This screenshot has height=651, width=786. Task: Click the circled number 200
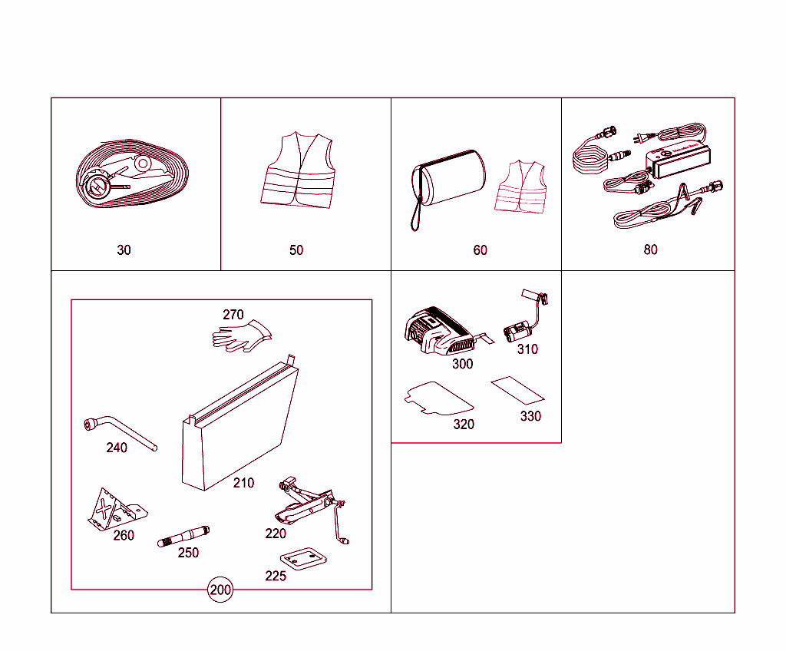[x=220, y=590]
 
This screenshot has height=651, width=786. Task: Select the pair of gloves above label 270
[x=242, y=336]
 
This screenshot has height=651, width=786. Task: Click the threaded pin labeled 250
[x=183, y=536]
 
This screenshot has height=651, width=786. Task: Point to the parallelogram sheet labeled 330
[x=518, y=389]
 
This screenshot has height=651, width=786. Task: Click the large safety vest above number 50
[x=299, y=170]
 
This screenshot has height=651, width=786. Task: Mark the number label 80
[x=650, y=249]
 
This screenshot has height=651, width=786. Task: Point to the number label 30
[x=124, y=250]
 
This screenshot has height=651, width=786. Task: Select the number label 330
[x=530, y=416]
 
